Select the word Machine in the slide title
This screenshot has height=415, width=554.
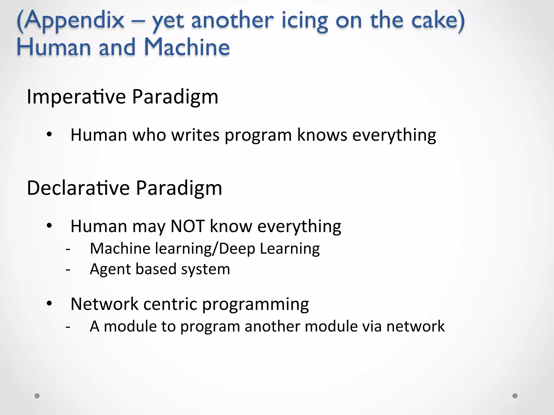(x=187, y=47)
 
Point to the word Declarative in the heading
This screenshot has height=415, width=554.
(x=78, y=188)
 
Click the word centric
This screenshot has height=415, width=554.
(x=170, y=304)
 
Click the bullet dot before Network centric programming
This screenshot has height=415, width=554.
(x=49, y=304)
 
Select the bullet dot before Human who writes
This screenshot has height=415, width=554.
(x=49, y=134)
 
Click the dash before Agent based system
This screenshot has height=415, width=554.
(x=68, y=269)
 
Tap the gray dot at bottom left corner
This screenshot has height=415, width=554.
(x=37, y=396)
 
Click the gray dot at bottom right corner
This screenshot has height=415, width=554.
(x=515, y=396)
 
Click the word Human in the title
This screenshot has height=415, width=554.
(x=54, y=47)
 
